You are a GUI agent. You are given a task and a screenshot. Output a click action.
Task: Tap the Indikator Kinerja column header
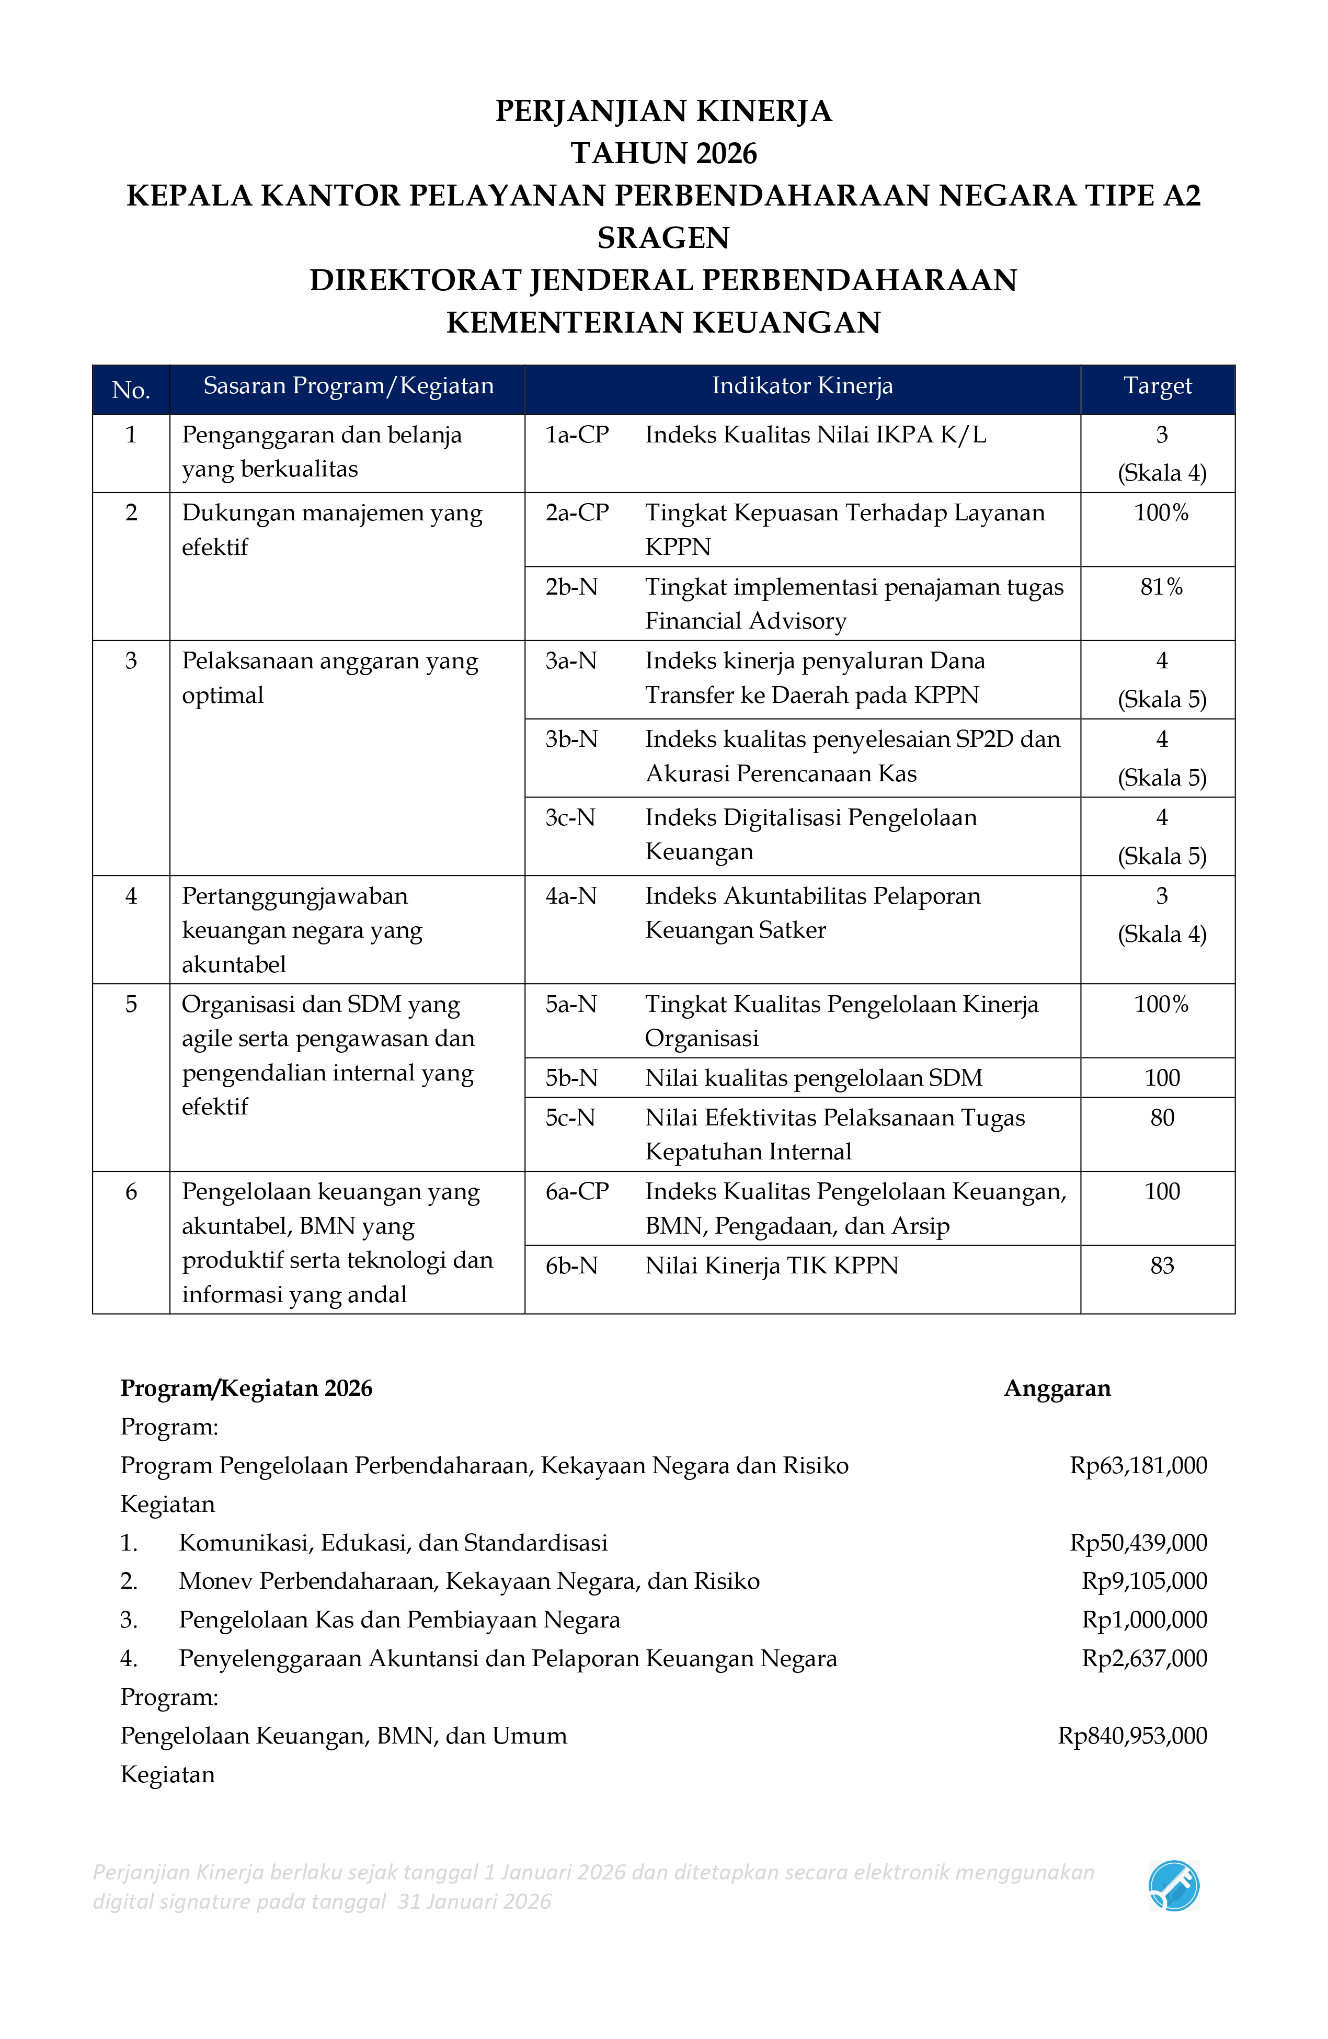coord(802,386)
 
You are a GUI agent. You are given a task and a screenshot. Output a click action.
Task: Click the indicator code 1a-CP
coord(577,435)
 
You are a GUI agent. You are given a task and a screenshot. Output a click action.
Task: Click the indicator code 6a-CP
coord(577,1192)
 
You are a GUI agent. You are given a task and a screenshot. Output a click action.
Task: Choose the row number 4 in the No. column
coord(131,896)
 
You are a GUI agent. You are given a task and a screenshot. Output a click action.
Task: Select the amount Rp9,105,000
coord(1144,1581)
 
